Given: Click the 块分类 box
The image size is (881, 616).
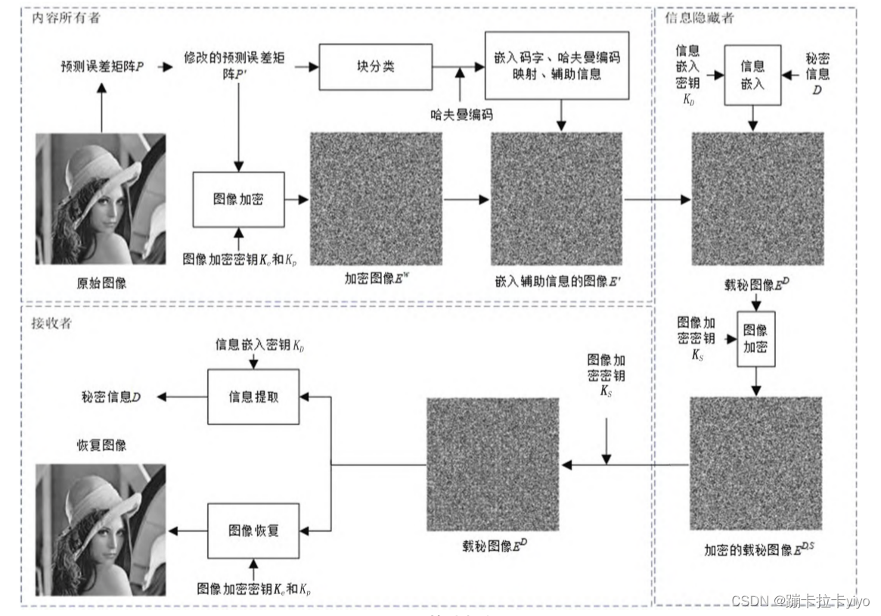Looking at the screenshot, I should click(376, 67).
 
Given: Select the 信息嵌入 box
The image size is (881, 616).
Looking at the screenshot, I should click(752, 75).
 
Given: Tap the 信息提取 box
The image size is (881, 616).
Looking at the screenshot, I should click(253, 397).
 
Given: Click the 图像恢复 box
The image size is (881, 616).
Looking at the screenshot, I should click(253, 530).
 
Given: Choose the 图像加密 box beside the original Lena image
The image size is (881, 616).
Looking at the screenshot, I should click(238, 200).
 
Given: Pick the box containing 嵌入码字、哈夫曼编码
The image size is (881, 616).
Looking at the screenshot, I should click(556, 66).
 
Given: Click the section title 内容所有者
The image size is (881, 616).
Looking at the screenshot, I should click(66, 18).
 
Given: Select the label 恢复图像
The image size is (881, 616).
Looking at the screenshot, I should click(101, 445).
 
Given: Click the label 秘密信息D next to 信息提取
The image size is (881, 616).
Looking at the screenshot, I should click(111, 397).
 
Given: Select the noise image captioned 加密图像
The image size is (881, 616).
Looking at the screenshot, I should click(376, 199).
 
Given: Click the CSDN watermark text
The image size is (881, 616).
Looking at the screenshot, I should click(800, 600).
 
